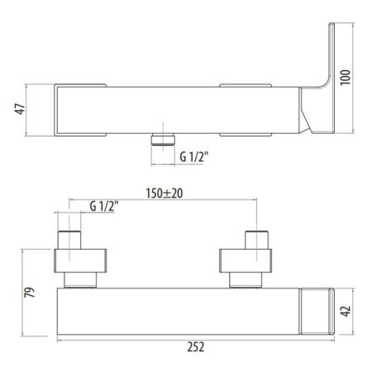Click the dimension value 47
(x=20, y=109)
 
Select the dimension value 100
(x=346, y=78)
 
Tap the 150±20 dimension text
(x=165, y=193)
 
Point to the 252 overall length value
(x=196, y=347)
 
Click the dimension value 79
(x=30, y=292)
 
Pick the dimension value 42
(x=346, y=311)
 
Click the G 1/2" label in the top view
(x=193, y=157)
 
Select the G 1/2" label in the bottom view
(x=104, y=206)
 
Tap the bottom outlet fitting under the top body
(x=163, y=139)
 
